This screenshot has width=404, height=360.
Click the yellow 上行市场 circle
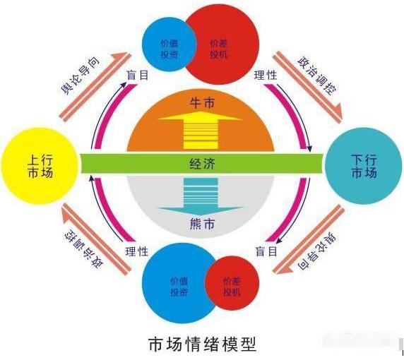[40, 166]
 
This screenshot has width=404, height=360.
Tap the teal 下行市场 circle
[364, 166]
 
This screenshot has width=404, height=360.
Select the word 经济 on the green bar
[202, 164]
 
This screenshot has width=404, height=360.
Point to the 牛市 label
[202, 103]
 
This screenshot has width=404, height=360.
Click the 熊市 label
[202, 224]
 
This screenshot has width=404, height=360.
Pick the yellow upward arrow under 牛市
[201, 130]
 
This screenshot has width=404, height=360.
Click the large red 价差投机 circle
[222, 47]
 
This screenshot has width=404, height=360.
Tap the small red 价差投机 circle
[232, 283]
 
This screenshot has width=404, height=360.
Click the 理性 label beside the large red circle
[266, 76]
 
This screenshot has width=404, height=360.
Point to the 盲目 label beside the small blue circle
[138, 76]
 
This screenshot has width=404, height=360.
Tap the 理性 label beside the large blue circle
[137, 251]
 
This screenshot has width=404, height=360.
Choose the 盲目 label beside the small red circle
[266, 251]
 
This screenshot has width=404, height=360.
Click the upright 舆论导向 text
[80, 76]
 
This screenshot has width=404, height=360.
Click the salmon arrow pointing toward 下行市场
[308, 85]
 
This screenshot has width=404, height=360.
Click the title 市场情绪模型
[203, 344]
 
